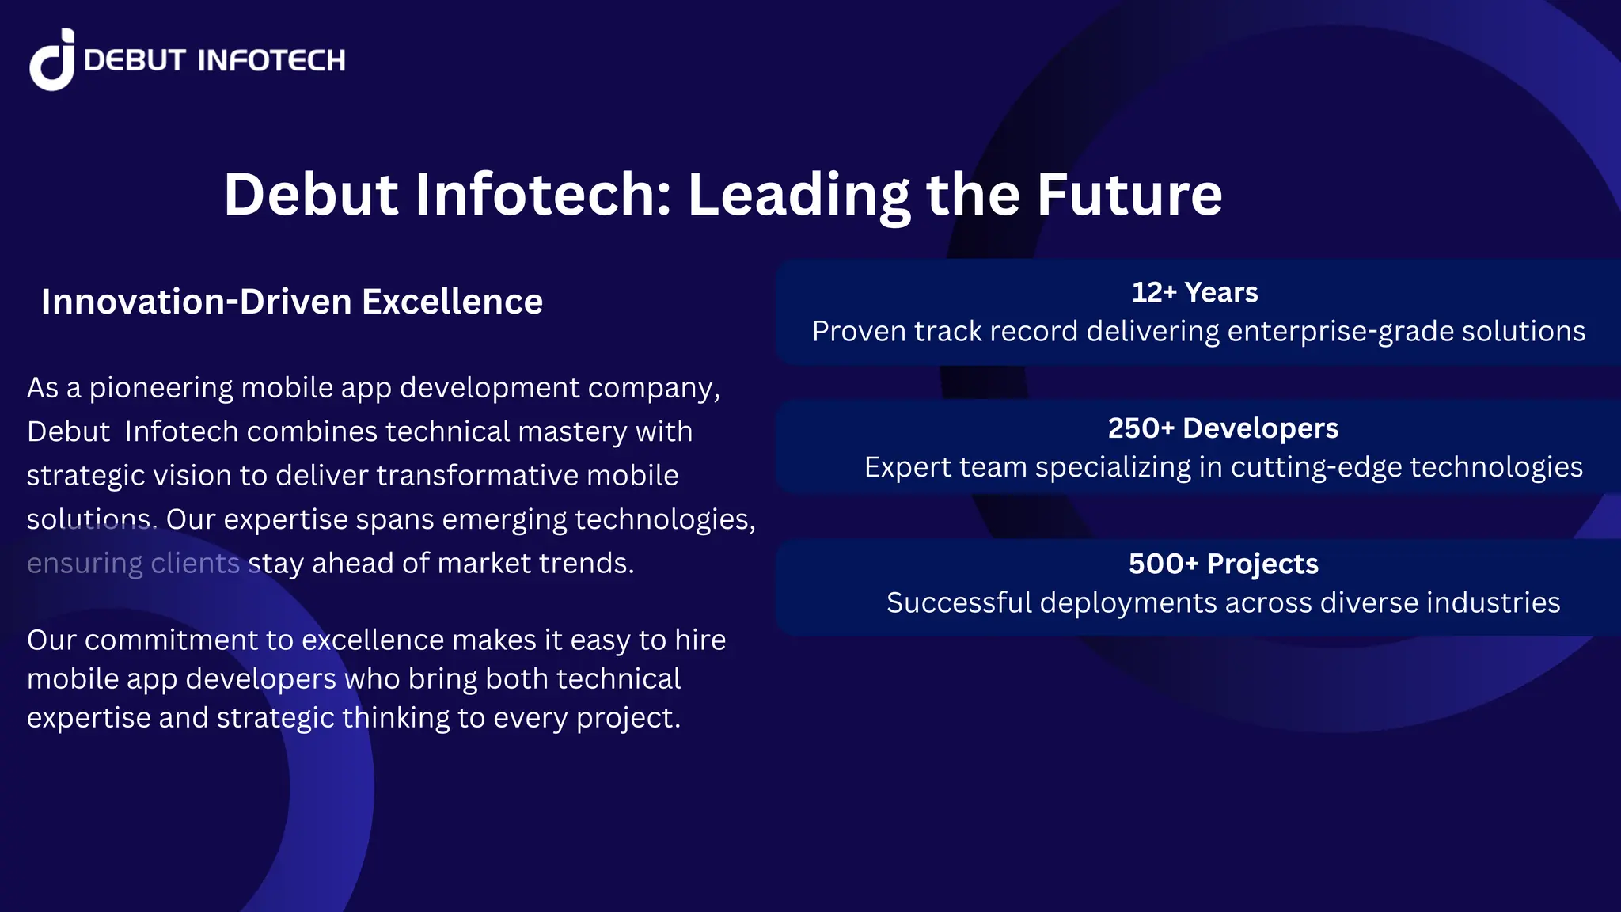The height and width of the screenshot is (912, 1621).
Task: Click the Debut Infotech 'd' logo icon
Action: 52,60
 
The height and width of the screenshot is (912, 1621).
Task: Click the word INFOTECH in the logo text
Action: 271,60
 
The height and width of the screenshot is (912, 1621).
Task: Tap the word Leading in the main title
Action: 799,195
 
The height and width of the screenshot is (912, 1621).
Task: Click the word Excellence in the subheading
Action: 452,302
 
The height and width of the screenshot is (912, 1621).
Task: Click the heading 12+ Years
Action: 1194,292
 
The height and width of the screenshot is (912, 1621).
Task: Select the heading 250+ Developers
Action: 1223,428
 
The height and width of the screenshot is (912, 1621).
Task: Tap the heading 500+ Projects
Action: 1223,564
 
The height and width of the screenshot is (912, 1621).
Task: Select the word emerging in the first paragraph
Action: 503,519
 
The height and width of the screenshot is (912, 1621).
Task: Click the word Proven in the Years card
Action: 858,332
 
